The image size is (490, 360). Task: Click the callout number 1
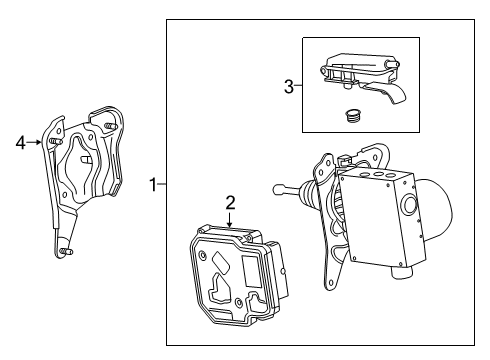tap(153, 184)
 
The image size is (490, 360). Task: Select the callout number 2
tap(230, 202)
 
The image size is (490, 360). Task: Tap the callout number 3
tap(289, 86)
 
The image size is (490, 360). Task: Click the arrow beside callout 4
tap(37, 142)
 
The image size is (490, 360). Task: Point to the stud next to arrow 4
tap(49, 142)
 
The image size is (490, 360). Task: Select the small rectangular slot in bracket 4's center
tap(87, 157)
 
